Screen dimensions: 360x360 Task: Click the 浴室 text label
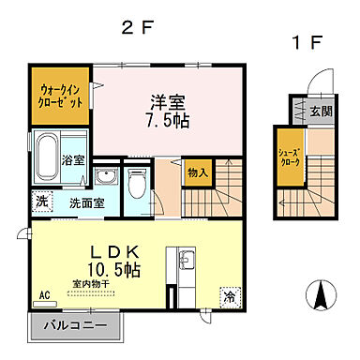tap(72, 161)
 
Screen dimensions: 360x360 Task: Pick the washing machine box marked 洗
tap(42, 200)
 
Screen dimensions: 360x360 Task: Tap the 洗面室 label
tap(85, 202)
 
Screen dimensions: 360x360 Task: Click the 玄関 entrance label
tap(320, 111)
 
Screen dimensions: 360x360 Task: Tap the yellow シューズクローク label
tap(288, 157)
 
